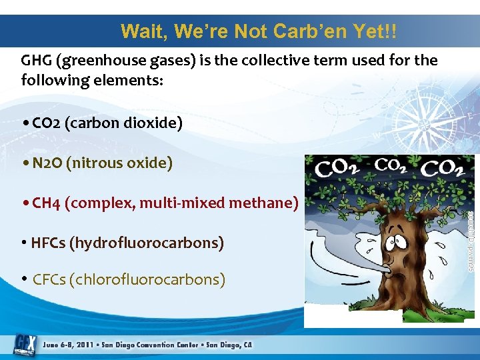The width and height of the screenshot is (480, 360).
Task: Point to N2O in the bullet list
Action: tap(47, 163)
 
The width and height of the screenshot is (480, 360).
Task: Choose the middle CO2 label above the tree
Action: tap(394, 165)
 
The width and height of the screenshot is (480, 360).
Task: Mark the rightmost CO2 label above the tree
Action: tap(442, 169)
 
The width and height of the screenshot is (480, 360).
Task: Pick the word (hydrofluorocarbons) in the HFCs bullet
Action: tap(146, 243)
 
